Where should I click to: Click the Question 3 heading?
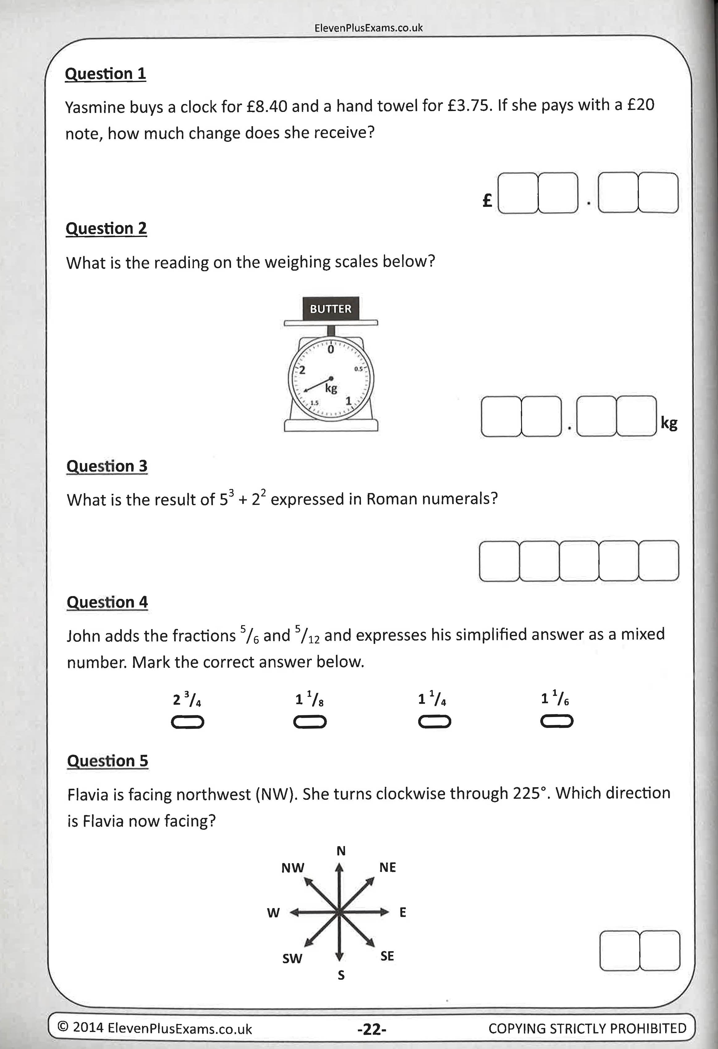tap(107, 466)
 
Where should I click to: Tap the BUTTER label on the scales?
tap(330, 309)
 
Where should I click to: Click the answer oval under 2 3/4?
tap(187, 723)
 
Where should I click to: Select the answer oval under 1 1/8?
tap(310, 722)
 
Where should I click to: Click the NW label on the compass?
tap(292, 868)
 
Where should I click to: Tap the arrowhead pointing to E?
tap(384, 912)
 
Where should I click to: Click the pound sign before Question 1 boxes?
tap(487, 200)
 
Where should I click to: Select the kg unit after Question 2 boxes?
tap(669, 423)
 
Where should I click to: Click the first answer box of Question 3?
tap(499, 561)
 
